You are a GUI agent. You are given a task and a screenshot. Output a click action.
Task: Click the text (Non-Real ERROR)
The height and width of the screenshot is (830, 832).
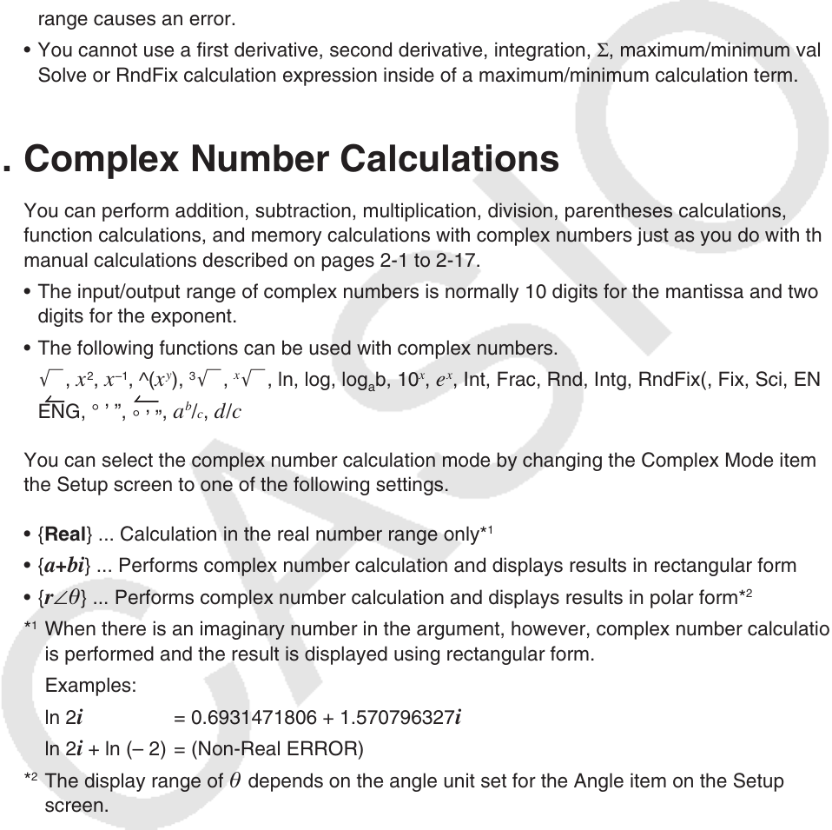(276, 749)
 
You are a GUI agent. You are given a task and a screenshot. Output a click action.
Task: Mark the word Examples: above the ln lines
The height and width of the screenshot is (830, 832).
(90, 686)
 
